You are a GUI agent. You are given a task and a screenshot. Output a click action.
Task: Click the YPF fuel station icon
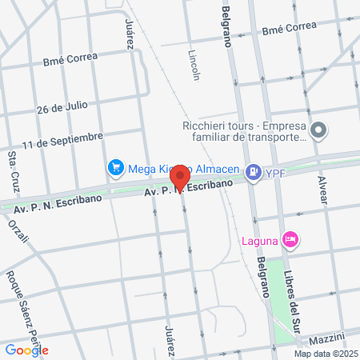[254, 170]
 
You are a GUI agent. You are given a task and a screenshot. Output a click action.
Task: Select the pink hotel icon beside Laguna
[290, 238]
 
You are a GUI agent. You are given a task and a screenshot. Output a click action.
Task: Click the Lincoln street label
[193, 66]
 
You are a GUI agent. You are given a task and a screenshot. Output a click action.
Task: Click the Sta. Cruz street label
[14, 171]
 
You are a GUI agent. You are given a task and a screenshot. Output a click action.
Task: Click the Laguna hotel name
[261, 238]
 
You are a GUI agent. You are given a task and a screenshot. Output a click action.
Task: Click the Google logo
[26, 350]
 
